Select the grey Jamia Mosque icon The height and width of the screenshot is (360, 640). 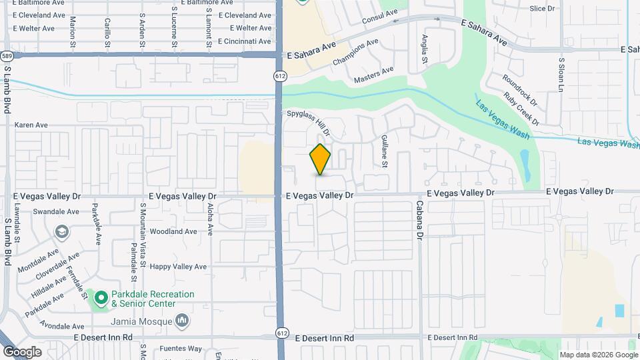pos(183,322)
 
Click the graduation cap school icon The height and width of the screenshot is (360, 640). pos(62,232)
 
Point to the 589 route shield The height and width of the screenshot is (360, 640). pos(7,55)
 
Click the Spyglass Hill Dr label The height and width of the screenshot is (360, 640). pos(308,123)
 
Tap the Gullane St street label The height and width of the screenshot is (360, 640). pos(385,151)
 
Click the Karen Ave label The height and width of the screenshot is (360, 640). pos(31,125)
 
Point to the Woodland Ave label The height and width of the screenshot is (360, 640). pos(173,232)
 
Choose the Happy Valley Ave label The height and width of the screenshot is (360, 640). pos(179,267)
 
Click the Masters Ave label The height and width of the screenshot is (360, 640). pos(373,74)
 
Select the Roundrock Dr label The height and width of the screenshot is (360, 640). pos(520,89)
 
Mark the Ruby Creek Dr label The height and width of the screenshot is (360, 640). pos(521,108)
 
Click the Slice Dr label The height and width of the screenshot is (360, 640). pos(542,9)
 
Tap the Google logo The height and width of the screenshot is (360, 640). pos(22,351)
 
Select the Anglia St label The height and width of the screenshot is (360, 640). pos(424,49)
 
